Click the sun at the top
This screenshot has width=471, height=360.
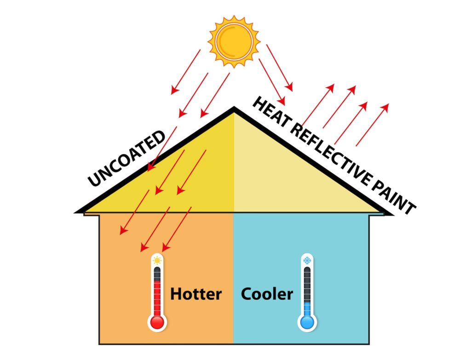point(234,41)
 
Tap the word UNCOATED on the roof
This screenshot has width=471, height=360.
point(126,158)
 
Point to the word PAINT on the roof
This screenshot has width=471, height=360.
point(394,197)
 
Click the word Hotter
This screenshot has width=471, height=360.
point(196,294)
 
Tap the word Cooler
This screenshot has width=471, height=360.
point(267,294)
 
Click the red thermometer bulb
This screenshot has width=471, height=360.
point(157,322)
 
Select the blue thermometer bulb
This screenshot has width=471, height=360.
point(307,322)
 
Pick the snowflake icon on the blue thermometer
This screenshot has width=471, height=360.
point(307,260)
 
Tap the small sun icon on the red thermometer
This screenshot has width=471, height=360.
point(157,260)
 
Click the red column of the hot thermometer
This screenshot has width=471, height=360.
point(157,298)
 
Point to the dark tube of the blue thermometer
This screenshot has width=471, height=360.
point(307,285)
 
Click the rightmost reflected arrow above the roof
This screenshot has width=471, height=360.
point(373,125)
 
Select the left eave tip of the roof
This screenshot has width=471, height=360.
point(75,212)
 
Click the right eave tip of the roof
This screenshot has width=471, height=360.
point(393,215)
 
